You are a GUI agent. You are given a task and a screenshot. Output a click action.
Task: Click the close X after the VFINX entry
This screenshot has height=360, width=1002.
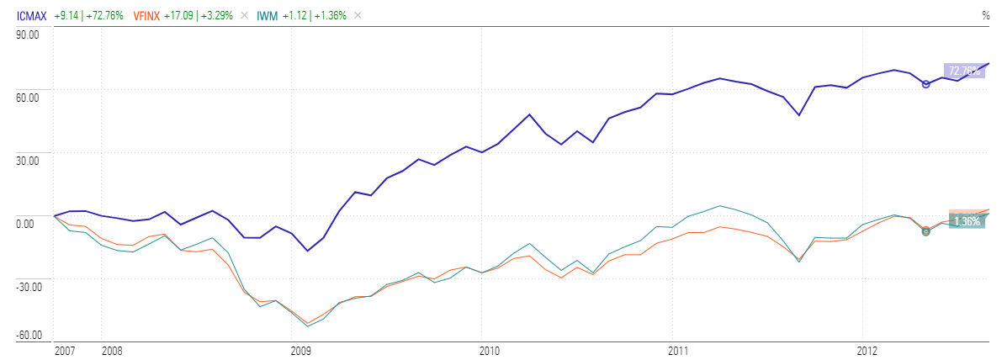(x=244, y=15)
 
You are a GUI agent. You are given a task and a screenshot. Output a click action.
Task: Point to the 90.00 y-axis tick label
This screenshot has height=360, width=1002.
(x=29, y=34)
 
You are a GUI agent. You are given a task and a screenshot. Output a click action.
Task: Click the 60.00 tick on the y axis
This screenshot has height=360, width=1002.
(x=29, y=98)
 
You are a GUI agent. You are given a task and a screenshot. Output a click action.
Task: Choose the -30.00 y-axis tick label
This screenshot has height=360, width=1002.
(x=28, y=286)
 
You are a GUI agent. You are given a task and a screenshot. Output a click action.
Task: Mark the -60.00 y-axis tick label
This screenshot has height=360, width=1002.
(x=28, y=336)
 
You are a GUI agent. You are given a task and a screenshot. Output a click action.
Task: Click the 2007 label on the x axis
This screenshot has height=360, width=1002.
(x=65, y=349)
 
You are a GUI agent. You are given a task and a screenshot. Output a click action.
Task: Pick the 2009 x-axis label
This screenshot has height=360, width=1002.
(x=301, y=349)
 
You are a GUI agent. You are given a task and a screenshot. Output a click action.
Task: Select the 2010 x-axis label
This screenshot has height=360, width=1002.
(x=490, y=349)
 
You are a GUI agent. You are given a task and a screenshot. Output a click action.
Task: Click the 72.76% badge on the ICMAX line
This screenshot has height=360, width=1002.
(x=964, y=71)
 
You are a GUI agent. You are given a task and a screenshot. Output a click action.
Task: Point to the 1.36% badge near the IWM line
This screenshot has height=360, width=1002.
(x=966, y=221)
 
